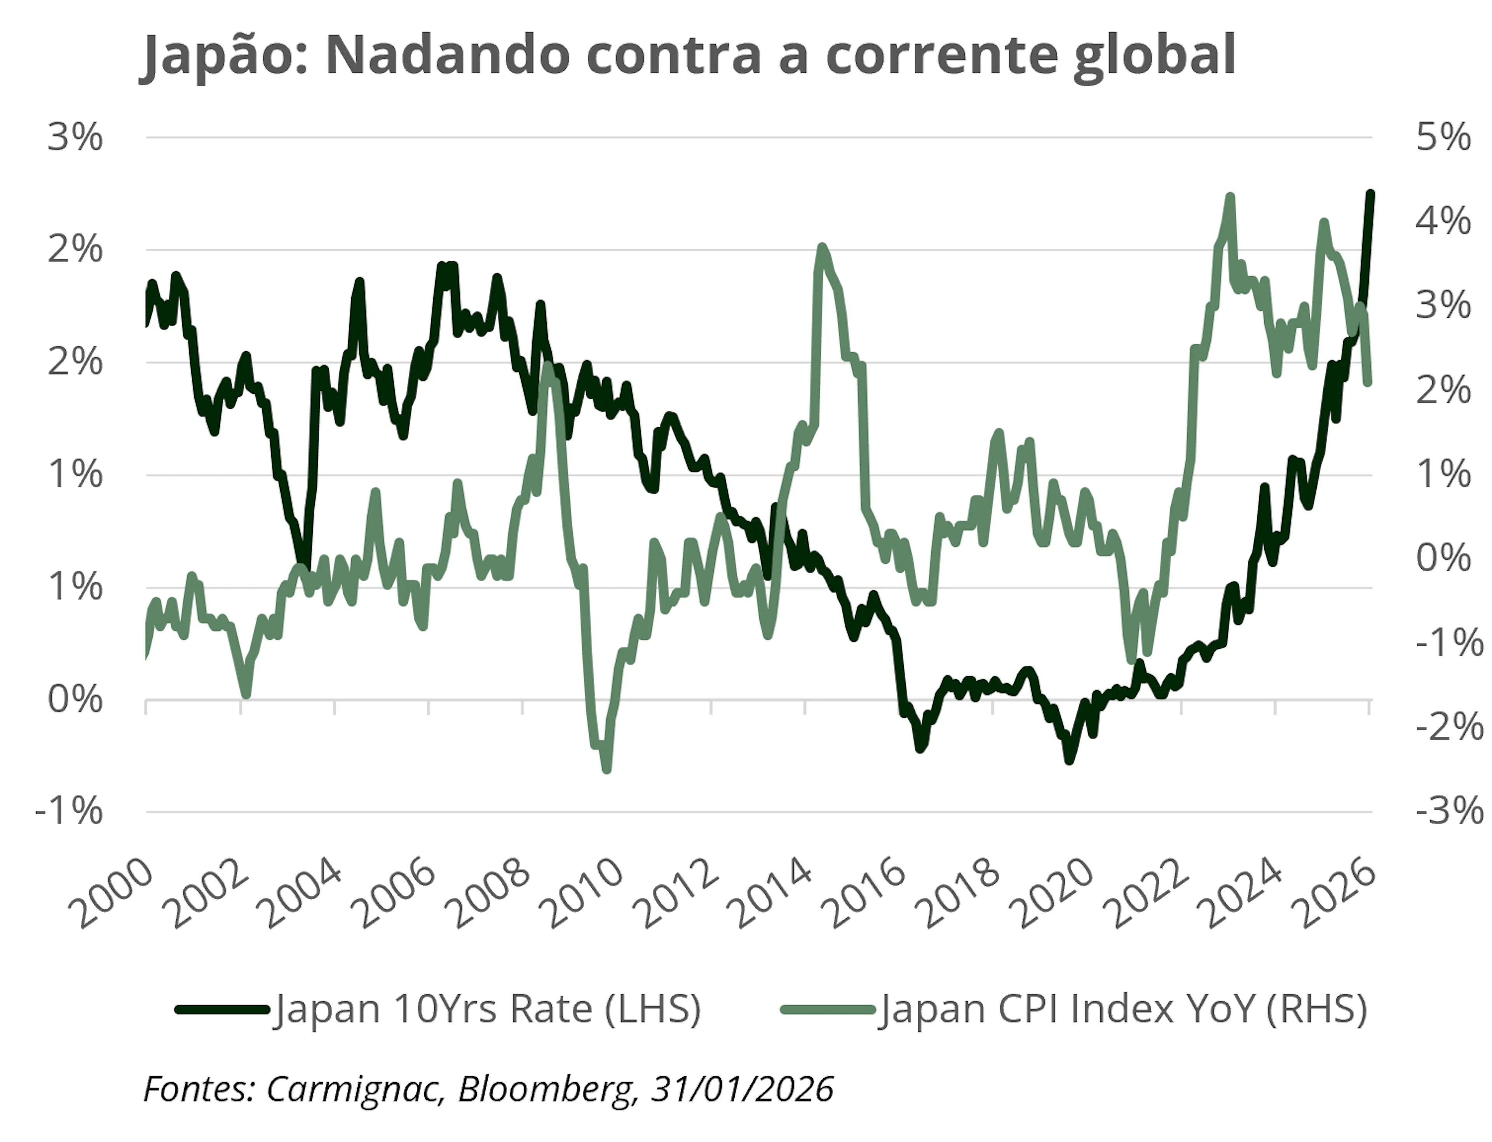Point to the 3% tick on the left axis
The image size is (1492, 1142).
[x=75, y=138]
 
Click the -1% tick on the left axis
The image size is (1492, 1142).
[x=70, y=811]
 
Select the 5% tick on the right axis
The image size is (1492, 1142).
[x=1443, y=138]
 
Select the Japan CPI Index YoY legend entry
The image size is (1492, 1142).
[x=1074, y=1009]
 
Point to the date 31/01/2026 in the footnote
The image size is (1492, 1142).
[x=742, y=1089]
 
